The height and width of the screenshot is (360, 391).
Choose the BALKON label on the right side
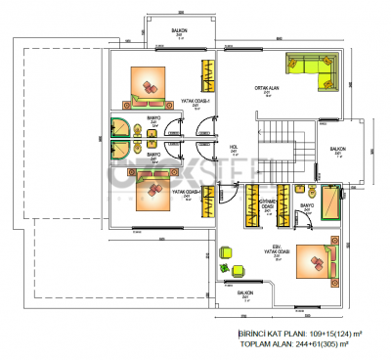[338, 151]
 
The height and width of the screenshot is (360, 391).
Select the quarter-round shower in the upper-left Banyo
[120, 129]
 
